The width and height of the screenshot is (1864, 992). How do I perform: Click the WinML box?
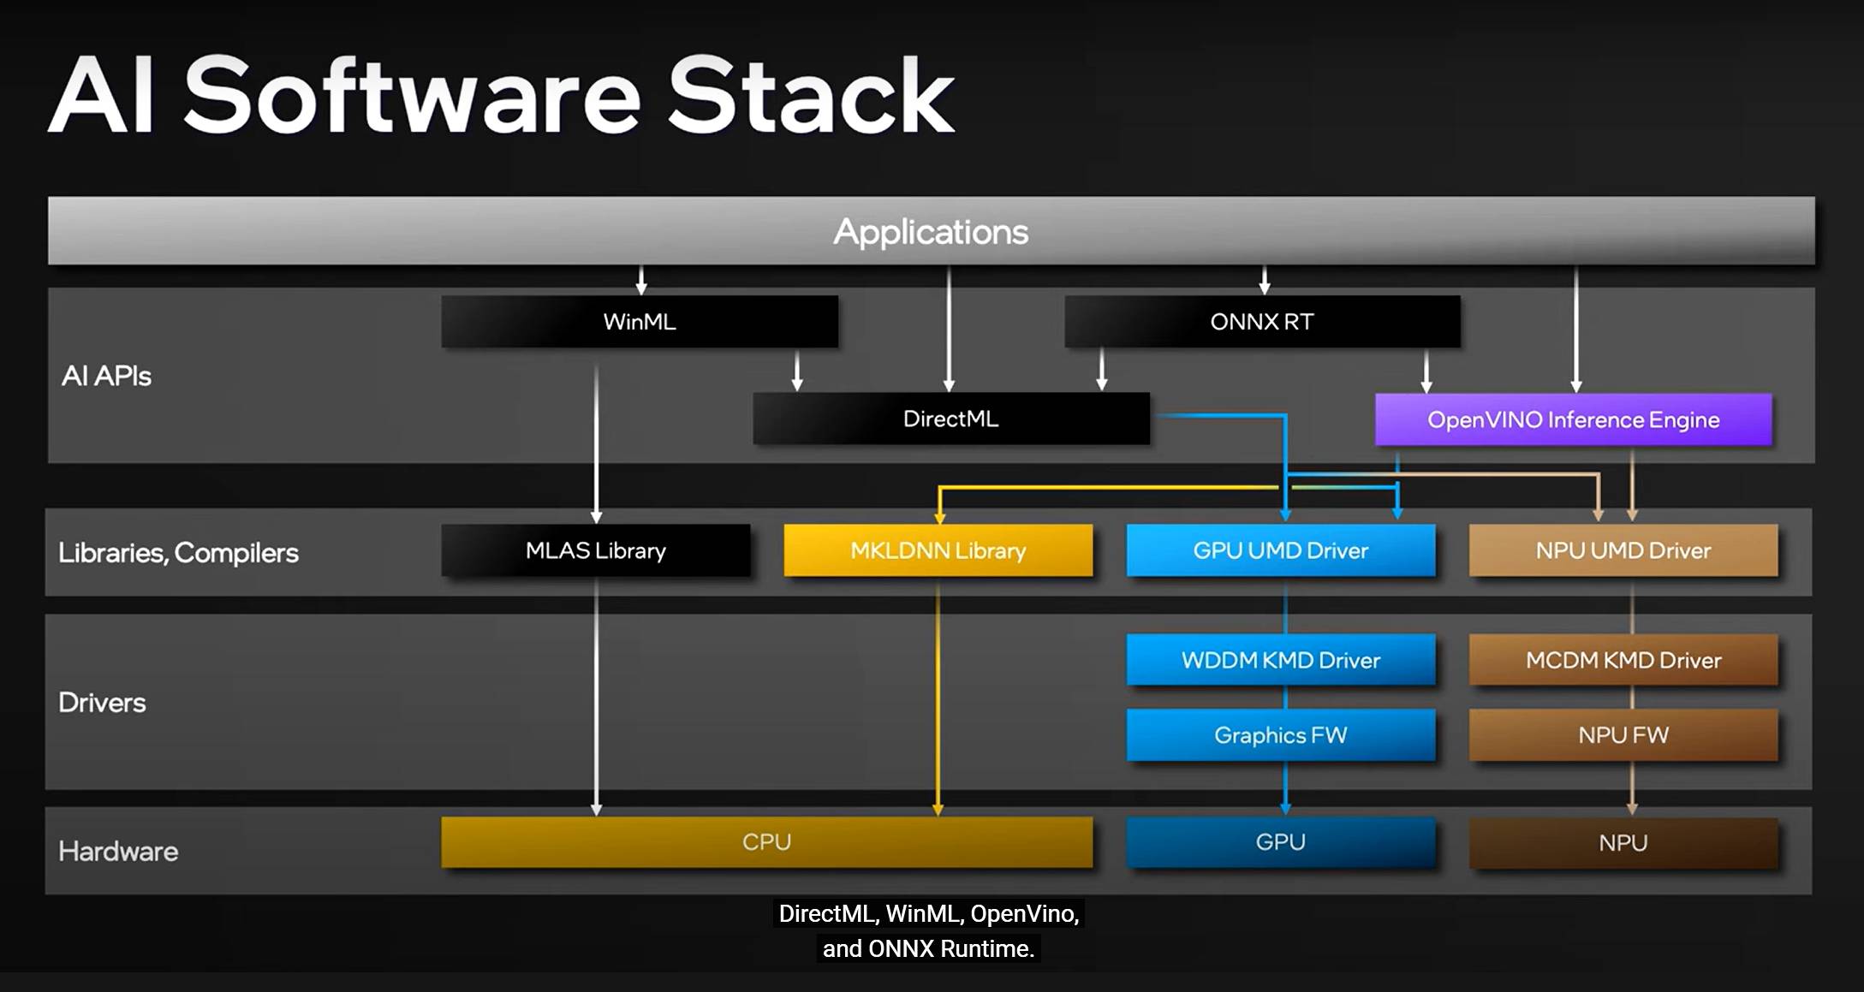pos(640,322)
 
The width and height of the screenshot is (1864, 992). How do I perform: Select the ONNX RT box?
pos(1262,322)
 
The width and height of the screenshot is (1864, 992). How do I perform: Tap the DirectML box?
pos(951,419)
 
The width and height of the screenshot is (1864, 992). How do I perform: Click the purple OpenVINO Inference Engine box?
pos(1573,419)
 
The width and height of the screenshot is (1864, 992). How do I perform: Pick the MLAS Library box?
pos(596,550)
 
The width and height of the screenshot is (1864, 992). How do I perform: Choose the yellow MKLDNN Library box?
pos(938,550)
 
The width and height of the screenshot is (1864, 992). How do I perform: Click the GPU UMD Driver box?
pos(1281,550)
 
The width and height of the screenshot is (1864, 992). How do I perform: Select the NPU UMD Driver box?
pos(1623,550)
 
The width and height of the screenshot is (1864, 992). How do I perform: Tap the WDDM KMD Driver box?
pos(1281,660)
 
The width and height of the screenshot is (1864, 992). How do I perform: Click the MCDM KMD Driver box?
pos(1623,660)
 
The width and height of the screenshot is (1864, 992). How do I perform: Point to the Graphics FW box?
pos(1281,735)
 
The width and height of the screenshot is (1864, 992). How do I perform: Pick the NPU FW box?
pos(1623,735)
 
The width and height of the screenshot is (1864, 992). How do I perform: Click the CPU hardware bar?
pos(767,842)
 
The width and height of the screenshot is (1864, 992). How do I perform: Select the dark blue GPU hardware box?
pos(1281,842)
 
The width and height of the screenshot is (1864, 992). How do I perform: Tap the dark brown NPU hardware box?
pos(1623,843)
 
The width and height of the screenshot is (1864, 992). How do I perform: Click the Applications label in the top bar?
pos(931,233)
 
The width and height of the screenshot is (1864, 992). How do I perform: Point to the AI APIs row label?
pos(106,376)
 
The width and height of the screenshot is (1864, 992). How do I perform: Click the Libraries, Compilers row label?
pos(178,553)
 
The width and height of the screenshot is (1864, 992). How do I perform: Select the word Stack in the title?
pos(810,95)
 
